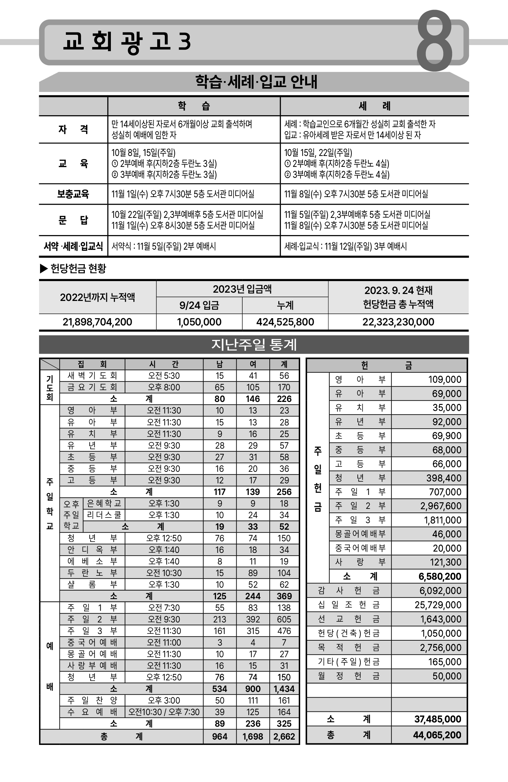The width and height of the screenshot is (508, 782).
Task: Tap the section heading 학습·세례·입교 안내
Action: coord(256,82)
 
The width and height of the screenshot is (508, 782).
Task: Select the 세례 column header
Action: coord(374,106)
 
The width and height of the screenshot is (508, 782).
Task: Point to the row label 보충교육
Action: coord(73,194)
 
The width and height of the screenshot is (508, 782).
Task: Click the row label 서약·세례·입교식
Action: coord(73,246)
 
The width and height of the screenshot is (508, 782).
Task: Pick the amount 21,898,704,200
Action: coord(97,322)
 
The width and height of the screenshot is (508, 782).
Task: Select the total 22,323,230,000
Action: coord(398,322)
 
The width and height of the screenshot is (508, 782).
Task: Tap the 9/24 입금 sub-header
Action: coord(199,305)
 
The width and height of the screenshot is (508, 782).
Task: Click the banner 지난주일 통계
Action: coord(254,345)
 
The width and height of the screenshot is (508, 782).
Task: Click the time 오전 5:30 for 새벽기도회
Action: coord(164,375)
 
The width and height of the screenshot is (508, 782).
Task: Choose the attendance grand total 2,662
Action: coord(284,736)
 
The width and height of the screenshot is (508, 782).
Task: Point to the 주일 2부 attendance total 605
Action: coord(284,619)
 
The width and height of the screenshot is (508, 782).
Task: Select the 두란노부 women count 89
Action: coord(253,573)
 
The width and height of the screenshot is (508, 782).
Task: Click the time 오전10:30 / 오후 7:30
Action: coord(164,712)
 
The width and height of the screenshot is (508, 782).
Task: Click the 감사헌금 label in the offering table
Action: coord(348,591)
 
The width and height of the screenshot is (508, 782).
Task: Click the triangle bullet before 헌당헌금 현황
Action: coord(44,269)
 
